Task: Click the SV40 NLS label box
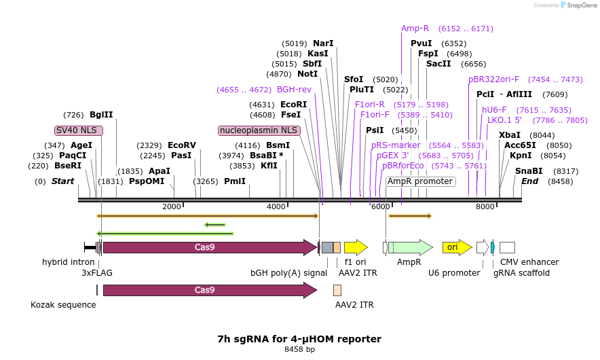click(x=79, y=130)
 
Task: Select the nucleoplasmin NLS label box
click(x=259, y=130)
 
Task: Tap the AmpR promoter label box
click(x=420, y=181)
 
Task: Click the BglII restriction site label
click(x=101, y=115)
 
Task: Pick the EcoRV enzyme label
click(x=181, y=145)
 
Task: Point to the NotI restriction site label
click(x=307, y=74)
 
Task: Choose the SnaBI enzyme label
click(x=529, y=171)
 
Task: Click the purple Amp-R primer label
click(x=415, y=29)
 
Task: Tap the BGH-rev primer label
click(x=294, y=90)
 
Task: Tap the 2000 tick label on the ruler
click(x=172, y=206)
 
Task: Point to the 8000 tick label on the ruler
click(x=485, y=206)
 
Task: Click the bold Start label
click(x=62, y=181)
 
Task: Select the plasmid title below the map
click(x=299, y=338)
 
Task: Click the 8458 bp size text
click(x=299, y=349)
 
